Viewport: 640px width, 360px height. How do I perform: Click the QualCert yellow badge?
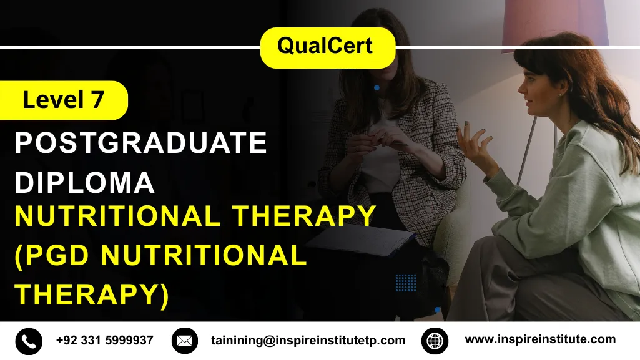[327, 47]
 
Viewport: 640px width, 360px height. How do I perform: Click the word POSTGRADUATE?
[140, 144]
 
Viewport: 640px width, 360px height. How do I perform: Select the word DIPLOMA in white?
[84, 182]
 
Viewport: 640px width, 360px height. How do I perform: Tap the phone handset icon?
[28, 341]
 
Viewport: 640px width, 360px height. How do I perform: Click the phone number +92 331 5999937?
[104, 341]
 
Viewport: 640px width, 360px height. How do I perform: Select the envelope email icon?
[184, 341]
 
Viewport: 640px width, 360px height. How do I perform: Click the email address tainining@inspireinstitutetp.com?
[308, 341]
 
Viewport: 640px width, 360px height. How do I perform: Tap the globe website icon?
[435, 341]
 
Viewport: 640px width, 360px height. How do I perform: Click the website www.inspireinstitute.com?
[540, 340]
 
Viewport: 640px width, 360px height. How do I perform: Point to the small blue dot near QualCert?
[377, 88]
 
